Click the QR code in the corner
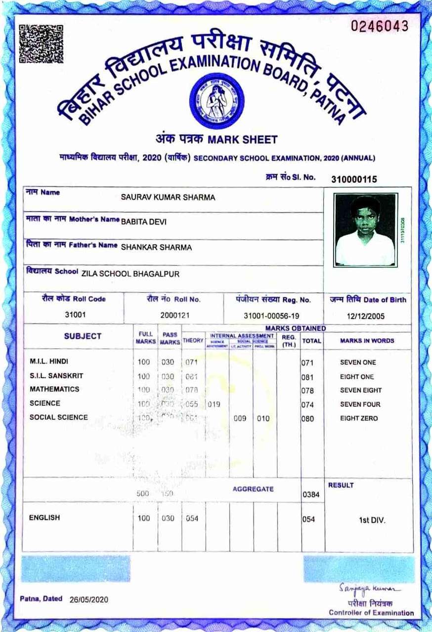click(34, 43)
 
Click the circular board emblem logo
click(216, 101)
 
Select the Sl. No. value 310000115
click(354, 179)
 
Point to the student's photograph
click(365, 230)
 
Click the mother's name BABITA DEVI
click(144, 222)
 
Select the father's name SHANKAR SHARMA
click(156, 247)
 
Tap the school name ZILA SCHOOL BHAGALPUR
click(130, 274)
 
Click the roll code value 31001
click(74, 315)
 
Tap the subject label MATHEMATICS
click(54, 389)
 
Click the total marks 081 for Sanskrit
click(307, 377)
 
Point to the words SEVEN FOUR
click(360, 404)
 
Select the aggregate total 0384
click(308, 493)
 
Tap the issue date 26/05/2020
click(88, 599)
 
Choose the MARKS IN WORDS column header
click(367, 341)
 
